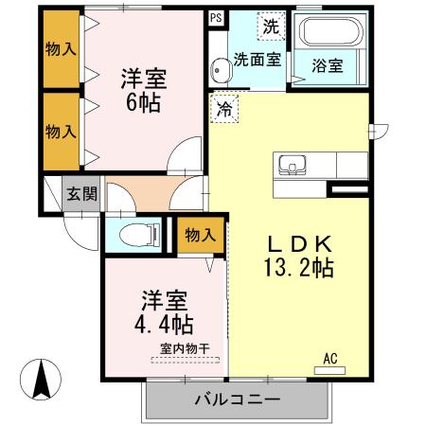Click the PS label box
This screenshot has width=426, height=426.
pyautogui.click(x=217, y=18)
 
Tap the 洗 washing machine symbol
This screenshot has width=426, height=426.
pyautogui.click(x=271, y=27)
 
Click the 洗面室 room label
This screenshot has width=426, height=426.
pyautogui.click(x=257, y=59)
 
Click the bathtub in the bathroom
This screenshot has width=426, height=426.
pyautogui.click(x=328, y=35)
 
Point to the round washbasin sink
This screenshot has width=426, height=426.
pyautogui.click(x=222, y=68)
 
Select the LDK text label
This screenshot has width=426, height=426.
pyautogui.click(x=296, y=242)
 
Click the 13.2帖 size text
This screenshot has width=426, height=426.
pyautogui.click(x=297, y=268)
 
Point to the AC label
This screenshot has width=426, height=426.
pyautogui.click(x=330, y=358)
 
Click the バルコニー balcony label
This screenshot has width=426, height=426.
pyautogui.click(x=237, y=399)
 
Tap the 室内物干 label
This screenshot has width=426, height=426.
pyautogui.click(x=184, y=346)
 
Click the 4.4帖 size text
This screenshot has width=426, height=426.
pyautogui.click(x=163, y=325)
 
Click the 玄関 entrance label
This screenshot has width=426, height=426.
pyautogui.click(x=80, y=196)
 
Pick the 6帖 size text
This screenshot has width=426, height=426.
pyautogui.click(x=143, y=103)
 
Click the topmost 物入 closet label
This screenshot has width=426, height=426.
pyautogui.click(x=60, y=49)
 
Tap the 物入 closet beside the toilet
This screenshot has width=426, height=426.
pyautogui.click(x=201, y=235)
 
